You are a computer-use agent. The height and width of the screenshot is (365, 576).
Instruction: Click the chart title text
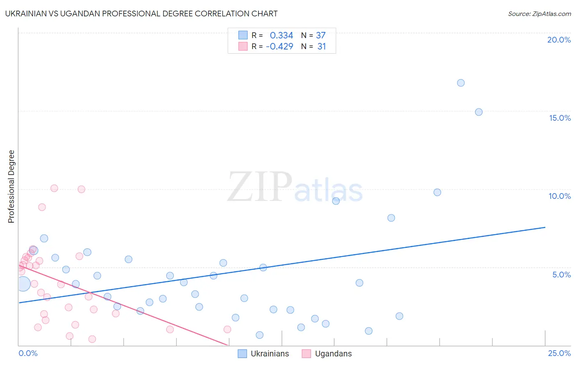click(141, 14)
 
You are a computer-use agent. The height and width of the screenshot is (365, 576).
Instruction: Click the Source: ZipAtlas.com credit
click(539, 14)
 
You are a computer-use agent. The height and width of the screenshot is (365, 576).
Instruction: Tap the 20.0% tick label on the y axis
click(559, 40)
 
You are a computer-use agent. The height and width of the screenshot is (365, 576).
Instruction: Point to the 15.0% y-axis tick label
click(560, 118)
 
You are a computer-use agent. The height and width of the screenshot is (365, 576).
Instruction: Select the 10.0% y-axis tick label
click(560, 196)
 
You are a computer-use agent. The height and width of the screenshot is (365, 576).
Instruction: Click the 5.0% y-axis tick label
click(561, 275)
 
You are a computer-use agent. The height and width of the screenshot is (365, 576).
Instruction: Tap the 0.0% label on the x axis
click(28, 353)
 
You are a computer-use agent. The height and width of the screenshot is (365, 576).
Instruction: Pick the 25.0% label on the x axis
click(559, 353)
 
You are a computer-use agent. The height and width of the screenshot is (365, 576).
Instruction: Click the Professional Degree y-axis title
click(11, 187)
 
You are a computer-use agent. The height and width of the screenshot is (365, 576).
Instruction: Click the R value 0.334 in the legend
click(281, 36)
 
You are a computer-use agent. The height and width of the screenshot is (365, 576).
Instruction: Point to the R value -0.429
click(279, 47)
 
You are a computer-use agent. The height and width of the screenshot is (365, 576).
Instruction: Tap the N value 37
click(321, 36)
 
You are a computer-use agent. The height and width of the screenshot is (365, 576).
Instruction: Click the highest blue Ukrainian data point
click(461, 83)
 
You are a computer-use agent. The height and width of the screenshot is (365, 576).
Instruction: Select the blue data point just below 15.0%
click(478, 112)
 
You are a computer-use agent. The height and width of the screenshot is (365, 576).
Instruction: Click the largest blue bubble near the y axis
click(23, 284)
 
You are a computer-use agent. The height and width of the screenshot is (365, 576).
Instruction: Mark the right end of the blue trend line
click(545, 227)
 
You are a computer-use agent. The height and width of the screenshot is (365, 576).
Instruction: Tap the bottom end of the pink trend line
click(227, 345)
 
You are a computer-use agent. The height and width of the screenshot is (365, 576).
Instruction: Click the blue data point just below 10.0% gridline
click(437, 192)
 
